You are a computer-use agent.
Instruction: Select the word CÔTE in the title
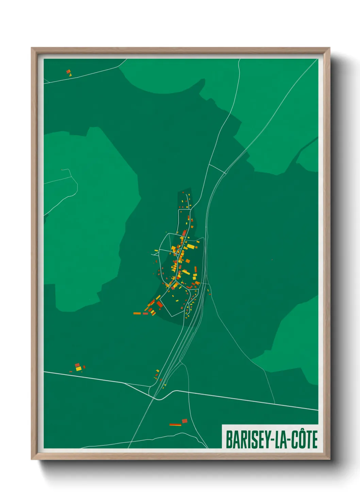(x=305, y=440)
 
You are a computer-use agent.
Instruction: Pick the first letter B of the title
(x=229, y=440)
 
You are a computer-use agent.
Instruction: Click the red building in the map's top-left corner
(x=68, y=72)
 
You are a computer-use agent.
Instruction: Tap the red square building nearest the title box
(x=184, y=421)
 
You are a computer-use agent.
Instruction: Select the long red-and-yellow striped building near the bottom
(x=176, y=425)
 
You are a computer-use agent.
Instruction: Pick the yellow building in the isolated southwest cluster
(x=79, y=368)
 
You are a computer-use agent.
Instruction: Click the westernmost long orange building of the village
(x=137, y=313)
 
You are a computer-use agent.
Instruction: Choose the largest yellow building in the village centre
(x=191, y=246)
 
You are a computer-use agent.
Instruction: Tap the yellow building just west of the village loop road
(x=156, y=251)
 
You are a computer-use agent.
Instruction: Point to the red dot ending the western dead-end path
(x=62, y=170)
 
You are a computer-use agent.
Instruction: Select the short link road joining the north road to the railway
(x=217, y=169)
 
